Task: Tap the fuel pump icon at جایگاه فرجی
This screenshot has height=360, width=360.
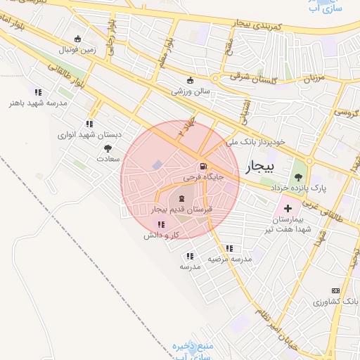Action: tap(203, 167)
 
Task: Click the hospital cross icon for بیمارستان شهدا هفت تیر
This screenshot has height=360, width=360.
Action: tap(288, 208)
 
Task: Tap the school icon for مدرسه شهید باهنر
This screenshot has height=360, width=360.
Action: tap(38, 92)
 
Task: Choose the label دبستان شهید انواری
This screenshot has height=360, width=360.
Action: tap(79, 134)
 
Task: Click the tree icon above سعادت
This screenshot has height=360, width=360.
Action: tap(108, 148)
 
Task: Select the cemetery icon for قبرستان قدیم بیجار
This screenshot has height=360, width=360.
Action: tap(183, 199)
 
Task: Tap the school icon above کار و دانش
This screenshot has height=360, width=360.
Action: tap(161, 224)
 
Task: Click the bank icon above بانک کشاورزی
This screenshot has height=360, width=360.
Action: tap(335, 290)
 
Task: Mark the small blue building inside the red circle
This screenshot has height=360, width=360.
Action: tap(156, 165)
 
